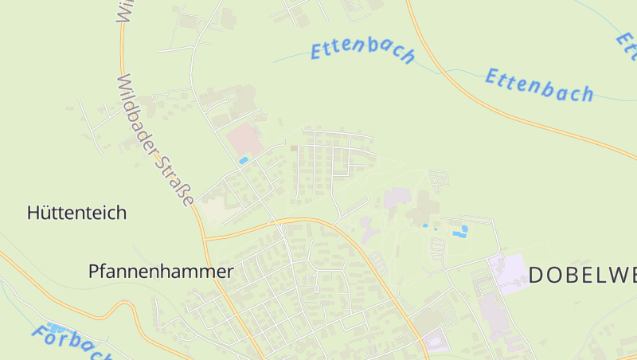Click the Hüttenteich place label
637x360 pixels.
tap(76, 213)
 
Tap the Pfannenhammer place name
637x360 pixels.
tap(161, 272)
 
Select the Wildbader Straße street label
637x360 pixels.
tap(156, 140)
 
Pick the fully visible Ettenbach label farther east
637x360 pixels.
tap(540, 84)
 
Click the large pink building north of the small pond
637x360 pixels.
tap(244, 139)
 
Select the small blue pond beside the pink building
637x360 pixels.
tap(243, 161)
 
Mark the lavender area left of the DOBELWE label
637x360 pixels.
tap(509, 272)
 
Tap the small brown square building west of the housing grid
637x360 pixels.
tap(293, 147)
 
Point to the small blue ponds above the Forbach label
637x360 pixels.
tap(54, 327)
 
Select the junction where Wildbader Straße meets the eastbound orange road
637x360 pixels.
tap(205, 238)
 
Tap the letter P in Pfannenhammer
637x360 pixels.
tap(94, 272)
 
